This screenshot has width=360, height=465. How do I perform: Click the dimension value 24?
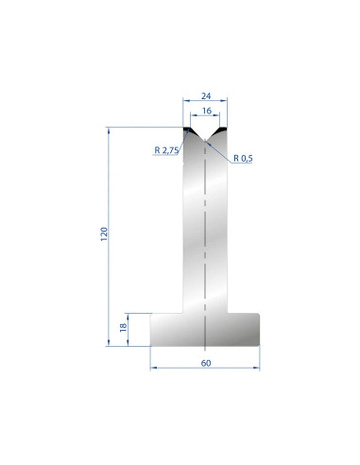tap(205, 96)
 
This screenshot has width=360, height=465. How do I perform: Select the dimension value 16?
tap(207, 110)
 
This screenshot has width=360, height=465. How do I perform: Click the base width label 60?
tap(205, 363)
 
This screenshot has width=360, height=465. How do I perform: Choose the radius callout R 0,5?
tap(243, 158)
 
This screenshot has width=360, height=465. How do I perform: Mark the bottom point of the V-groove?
tap(205, 139)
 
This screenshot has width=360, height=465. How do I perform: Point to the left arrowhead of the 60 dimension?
tap(153, 368)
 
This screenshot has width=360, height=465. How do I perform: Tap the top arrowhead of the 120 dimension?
tap(109, 130)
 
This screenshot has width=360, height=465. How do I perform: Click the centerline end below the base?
tap(205, 350)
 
